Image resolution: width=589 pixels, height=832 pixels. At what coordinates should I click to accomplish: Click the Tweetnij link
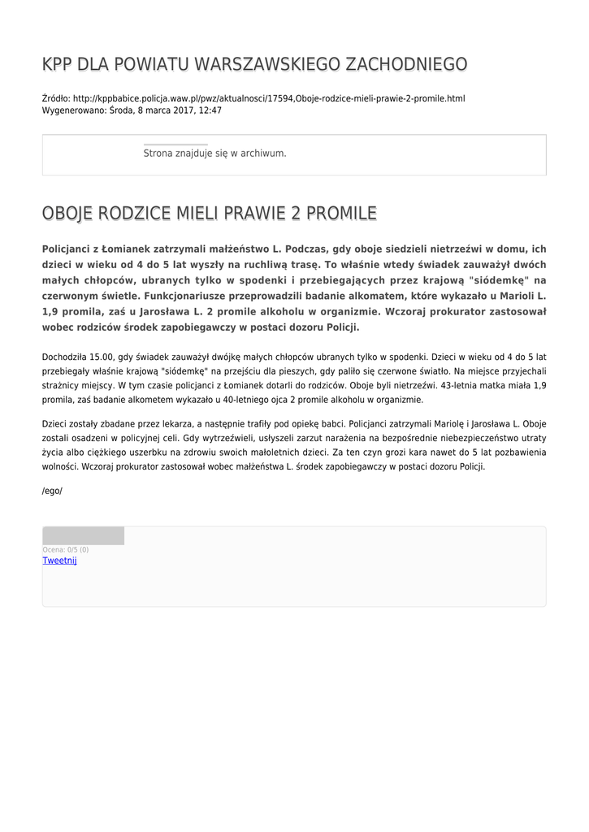59,561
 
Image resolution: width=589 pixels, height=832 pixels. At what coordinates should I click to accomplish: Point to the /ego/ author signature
52,491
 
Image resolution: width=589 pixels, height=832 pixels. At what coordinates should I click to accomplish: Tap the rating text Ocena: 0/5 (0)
66,550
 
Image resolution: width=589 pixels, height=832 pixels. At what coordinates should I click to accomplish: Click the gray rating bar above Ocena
83,535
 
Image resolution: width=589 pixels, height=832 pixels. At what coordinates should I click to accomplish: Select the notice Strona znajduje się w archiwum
214,153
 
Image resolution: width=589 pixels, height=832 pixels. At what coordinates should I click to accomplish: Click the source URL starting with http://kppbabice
269,98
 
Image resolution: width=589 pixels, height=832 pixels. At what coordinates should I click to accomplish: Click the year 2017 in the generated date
180,110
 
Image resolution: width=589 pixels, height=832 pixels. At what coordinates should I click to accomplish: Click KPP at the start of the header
58,64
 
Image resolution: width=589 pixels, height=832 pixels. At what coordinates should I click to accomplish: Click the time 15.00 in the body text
104,356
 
